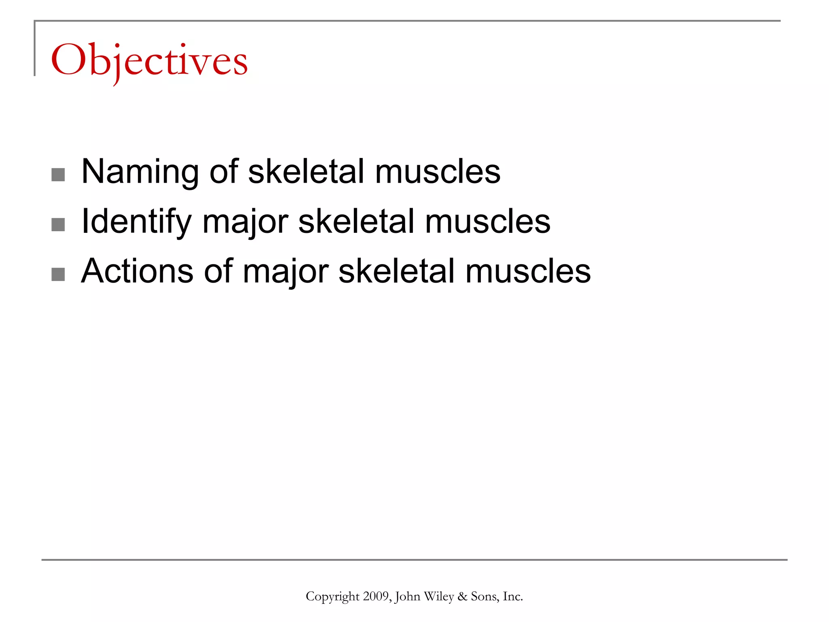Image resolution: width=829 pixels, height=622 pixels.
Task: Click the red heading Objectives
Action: coord(149,61)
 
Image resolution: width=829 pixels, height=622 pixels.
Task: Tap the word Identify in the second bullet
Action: coord(136,222)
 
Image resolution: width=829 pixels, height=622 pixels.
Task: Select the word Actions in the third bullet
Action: coord(137,271)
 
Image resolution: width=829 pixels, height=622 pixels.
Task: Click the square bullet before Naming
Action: coord(58,175)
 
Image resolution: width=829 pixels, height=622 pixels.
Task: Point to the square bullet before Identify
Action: coord(58,225)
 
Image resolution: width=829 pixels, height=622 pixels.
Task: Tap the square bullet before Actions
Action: coord(58,274)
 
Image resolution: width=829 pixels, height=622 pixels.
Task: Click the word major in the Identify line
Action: coord(245,222)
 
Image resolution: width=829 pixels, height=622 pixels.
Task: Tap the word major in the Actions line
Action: coord(285,271)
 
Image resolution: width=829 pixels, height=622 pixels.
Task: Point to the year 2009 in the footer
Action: coord(376,596)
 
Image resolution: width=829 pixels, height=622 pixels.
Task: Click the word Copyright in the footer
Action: coord(332,597)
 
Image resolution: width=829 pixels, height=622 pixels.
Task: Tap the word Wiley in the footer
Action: coord(439,597)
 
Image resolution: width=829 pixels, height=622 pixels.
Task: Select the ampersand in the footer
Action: coord(462,596)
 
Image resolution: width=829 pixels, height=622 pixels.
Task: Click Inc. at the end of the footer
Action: coord(512,596)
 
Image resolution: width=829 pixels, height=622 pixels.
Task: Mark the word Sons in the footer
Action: coord(483,596)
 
